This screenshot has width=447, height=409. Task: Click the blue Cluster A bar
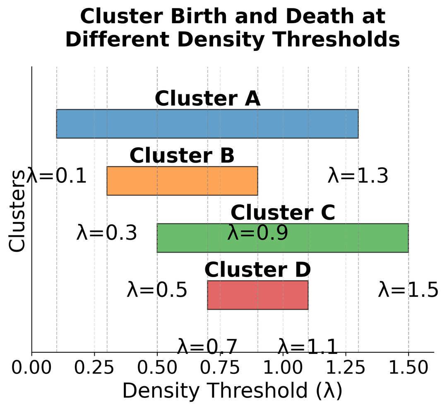(207, 124)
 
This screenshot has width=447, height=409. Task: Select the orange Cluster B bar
(182, 181)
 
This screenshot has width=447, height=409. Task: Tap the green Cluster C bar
(283, 238)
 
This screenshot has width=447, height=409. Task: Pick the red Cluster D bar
(257, 295)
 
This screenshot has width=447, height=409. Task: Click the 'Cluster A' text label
(208, 99)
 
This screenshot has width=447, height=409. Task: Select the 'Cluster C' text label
(283, 213)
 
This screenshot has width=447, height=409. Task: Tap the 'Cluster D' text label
(257, 270)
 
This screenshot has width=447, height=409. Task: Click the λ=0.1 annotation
(57, 176)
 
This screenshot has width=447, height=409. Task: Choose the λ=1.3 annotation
(358, 176)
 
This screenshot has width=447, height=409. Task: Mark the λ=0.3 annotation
(107, 233)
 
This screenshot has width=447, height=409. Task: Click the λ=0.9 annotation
(257, 233)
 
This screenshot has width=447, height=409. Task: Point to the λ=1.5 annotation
(408, 290)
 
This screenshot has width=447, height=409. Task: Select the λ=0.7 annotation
(207, 346)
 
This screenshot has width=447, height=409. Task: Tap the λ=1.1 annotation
(308, 346)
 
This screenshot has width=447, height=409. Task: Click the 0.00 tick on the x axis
(32, 368)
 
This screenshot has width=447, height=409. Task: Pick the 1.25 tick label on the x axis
(346, 368)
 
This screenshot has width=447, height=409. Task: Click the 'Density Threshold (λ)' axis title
(233, 391)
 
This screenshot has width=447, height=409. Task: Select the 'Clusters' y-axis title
(17, 211)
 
